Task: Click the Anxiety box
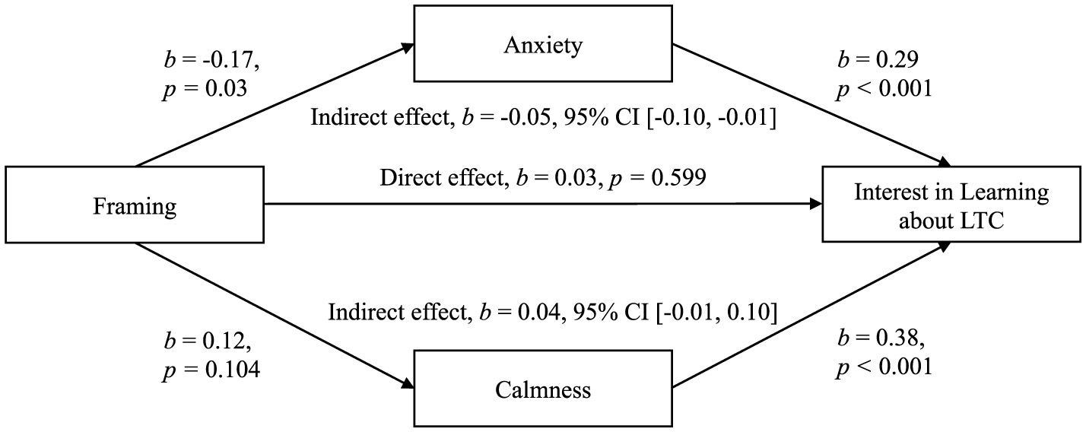pos(543,44)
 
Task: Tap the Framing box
pos(134,205)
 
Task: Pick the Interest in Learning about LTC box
pos(951,205)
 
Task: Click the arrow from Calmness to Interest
pos(811,316)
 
